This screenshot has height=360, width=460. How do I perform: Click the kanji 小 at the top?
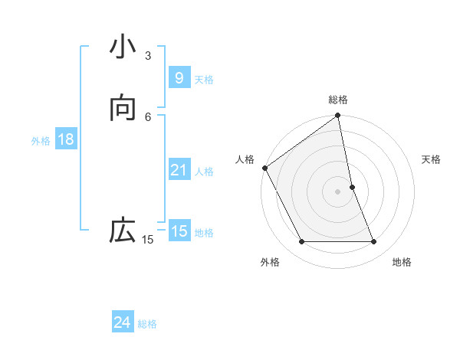[123, 48]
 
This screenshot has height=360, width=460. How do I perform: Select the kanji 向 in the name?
[123, 109]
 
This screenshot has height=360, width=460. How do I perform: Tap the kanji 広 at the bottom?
[123, 230]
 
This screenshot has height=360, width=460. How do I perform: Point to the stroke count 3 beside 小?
[148, 56]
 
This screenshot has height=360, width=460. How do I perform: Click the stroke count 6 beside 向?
[148, 116]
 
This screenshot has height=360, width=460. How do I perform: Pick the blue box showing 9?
[179, 78]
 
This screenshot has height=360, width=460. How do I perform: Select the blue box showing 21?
[179, 170]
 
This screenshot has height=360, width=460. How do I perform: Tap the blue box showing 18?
[65, 139]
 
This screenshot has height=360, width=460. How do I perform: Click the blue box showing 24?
[122, 322]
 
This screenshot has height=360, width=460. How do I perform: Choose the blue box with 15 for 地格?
[179, 231]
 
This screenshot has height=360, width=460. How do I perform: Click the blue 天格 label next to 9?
[204, 80]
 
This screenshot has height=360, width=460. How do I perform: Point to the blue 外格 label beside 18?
[41, 141]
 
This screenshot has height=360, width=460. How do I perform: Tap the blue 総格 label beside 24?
[147, 324]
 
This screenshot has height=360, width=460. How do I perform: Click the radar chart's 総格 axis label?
[338, 100]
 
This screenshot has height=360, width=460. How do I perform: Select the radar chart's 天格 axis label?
[431, 159]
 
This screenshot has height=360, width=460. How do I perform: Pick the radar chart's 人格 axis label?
[245, 159]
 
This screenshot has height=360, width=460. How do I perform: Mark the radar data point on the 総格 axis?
[338, 116]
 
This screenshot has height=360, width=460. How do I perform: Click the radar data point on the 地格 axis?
[374, 242]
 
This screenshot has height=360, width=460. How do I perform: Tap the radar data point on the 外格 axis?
[301, 242]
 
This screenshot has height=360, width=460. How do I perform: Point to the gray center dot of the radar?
[338, 191]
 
